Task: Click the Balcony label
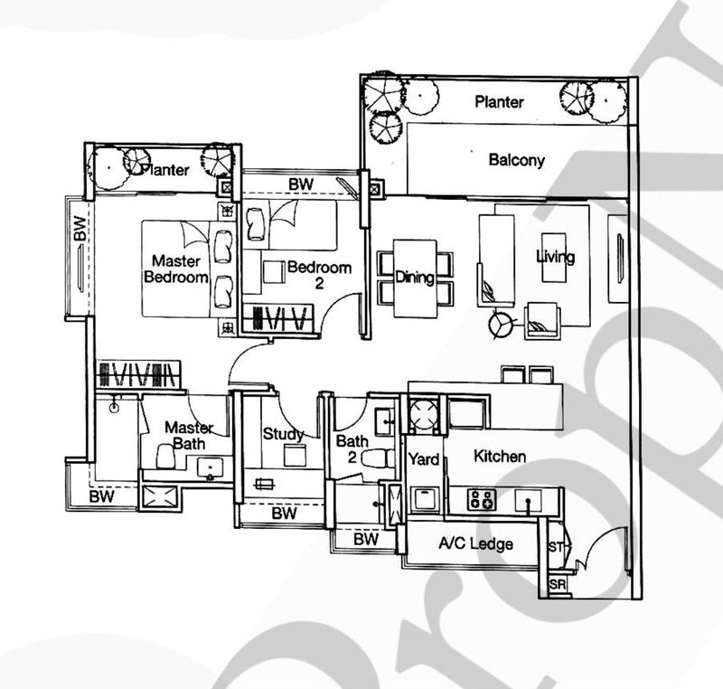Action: (x=516, y=160)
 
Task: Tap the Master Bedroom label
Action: (x=176, y=269)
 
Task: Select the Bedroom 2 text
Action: (x=319, y=275)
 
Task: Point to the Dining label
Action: (x=415, y=278)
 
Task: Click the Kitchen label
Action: (x=500, y=456)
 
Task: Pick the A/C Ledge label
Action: (x=476, y=544)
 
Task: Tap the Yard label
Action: (x=424, y=459)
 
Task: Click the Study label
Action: (x=283, y=434)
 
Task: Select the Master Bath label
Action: (x=189, y=435)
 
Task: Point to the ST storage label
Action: (x=556, y=547)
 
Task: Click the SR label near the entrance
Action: (x=557, y=585)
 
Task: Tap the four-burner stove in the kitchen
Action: (x=482, y=500)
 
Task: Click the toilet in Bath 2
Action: (x=378, y=458)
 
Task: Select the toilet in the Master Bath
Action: (x=165, y=457)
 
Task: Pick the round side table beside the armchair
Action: (x=500, y=324)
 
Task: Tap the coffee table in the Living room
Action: (x=553, y=258)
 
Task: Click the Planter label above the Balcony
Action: (x=499, y=102)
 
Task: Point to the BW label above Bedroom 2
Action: (x=301, y=184)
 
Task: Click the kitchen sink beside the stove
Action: (x=529, y=500)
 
